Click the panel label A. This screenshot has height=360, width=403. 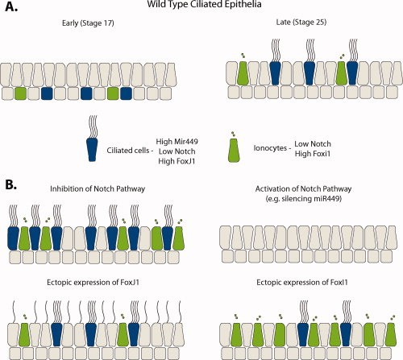(11, 6)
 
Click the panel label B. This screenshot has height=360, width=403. (11, 184)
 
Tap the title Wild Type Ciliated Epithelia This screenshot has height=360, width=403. (204, 4)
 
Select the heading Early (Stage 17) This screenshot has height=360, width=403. (88, 23)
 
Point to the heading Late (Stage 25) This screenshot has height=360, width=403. (301, 22)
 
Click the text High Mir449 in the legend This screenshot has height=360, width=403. (177, 141)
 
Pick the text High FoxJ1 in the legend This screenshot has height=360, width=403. (177, 161)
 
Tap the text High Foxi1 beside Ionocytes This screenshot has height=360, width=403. (313, 154)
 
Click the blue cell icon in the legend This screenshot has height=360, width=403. (92, 150)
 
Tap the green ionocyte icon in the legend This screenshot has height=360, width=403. (234, 151)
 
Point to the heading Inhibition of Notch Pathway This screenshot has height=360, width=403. (98, 188)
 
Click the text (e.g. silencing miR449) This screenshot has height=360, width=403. (304, 199)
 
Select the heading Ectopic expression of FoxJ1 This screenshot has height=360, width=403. (93, 283)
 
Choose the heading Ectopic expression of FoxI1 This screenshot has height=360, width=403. (302, 283)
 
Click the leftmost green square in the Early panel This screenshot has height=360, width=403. (20, 93)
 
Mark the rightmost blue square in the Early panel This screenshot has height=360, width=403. (126, 93)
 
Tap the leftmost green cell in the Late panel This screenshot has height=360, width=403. (243, 73)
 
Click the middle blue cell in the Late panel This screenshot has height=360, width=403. (310, 73)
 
